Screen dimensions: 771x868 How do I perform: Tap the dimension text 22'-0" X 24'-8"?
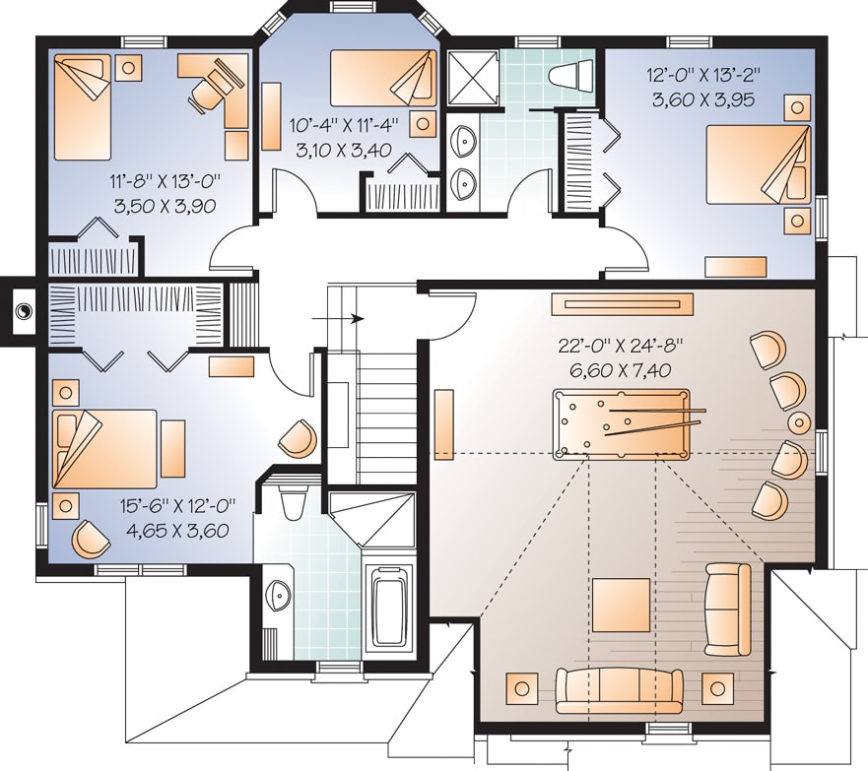(x=621, y=347)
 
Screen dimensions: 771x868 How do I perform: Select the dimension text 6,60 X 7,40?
(x=621, y=370)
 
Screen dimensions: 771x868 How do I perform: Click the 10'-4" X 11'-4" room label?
(x=343, y=126)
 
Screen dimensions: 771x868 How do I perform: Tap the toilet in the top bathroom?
(x=572, y=74)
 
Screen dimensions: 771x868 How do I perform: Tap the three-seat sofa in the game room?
(x=620, y=688)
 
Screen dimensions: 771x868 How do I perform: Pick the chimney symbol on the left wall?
(x=21, y=312)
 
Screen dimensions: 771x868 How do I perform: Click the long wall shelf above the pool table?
(x=622, y=304)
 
